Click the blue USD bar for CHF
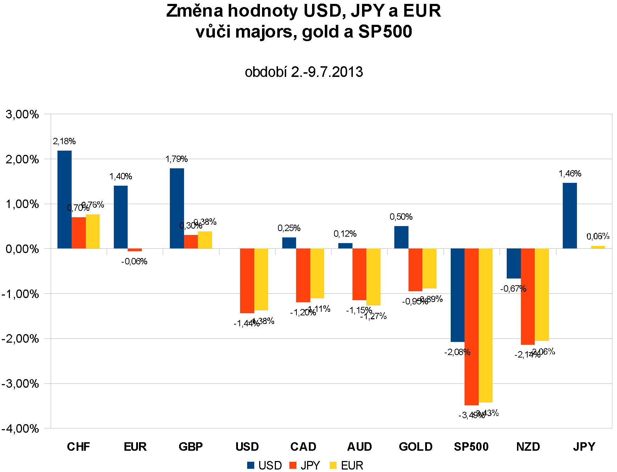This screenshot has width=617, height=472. pos(65,200)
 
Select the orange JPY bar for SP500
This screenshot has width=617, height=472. pos(471,326)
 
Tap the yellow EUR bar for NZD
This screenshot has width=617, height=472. pos(541,294)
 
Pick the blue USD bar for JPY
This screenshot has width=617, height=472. pos(569,215)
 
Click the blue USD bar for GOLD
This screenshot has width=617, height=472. pos(401,237)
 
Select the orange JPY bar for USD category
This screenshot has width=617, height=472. pos(247,281)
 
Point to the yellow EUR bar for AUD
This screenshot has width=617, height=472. pos(373,277)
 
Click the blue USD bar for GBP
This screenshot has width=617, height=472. pos(177,208)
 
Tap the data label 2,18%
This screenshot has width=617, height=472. pos(64,141)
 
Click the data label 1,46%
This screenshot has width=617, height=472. pos(570,174)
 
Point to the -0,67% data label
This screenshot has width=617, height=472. pos(513,289)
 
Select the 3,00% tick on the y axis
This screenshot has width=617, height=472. pos(22,114)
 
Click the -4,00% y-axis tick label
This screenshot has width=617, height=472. pos(20,428)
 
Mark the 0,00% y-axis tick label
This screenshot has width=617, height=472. pos(22,249)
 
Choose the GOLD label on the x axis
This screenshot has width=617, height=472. pos(416,446)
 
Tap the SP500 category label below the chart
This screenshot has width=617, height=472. pos(471,446)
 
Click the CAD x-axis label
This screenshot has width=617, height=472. pos(303,446)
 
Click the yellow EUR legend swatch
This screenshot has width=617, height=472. pos(333,465)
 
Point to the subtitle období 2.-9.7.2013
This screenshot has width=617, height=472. pos(304,72)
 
